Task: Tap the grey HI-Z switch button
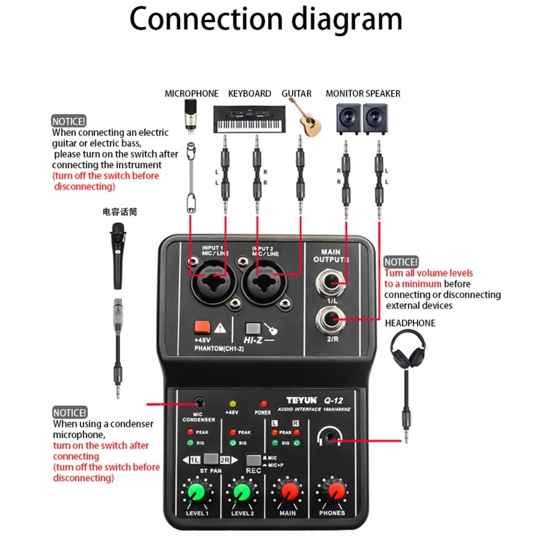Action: click(253, 328)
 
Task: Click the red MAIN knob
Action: click(288, 492)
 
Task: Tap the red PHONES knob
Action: click(333, 492)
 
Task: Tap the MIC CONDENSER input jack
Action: click(199, 403)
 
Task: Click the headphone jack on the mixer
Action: click(328, 439)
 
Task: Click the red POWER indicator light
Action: click(263, 404)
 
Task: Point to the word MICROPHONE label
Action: click(192, 93)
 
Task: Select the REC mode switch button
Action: click(253, 460)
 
